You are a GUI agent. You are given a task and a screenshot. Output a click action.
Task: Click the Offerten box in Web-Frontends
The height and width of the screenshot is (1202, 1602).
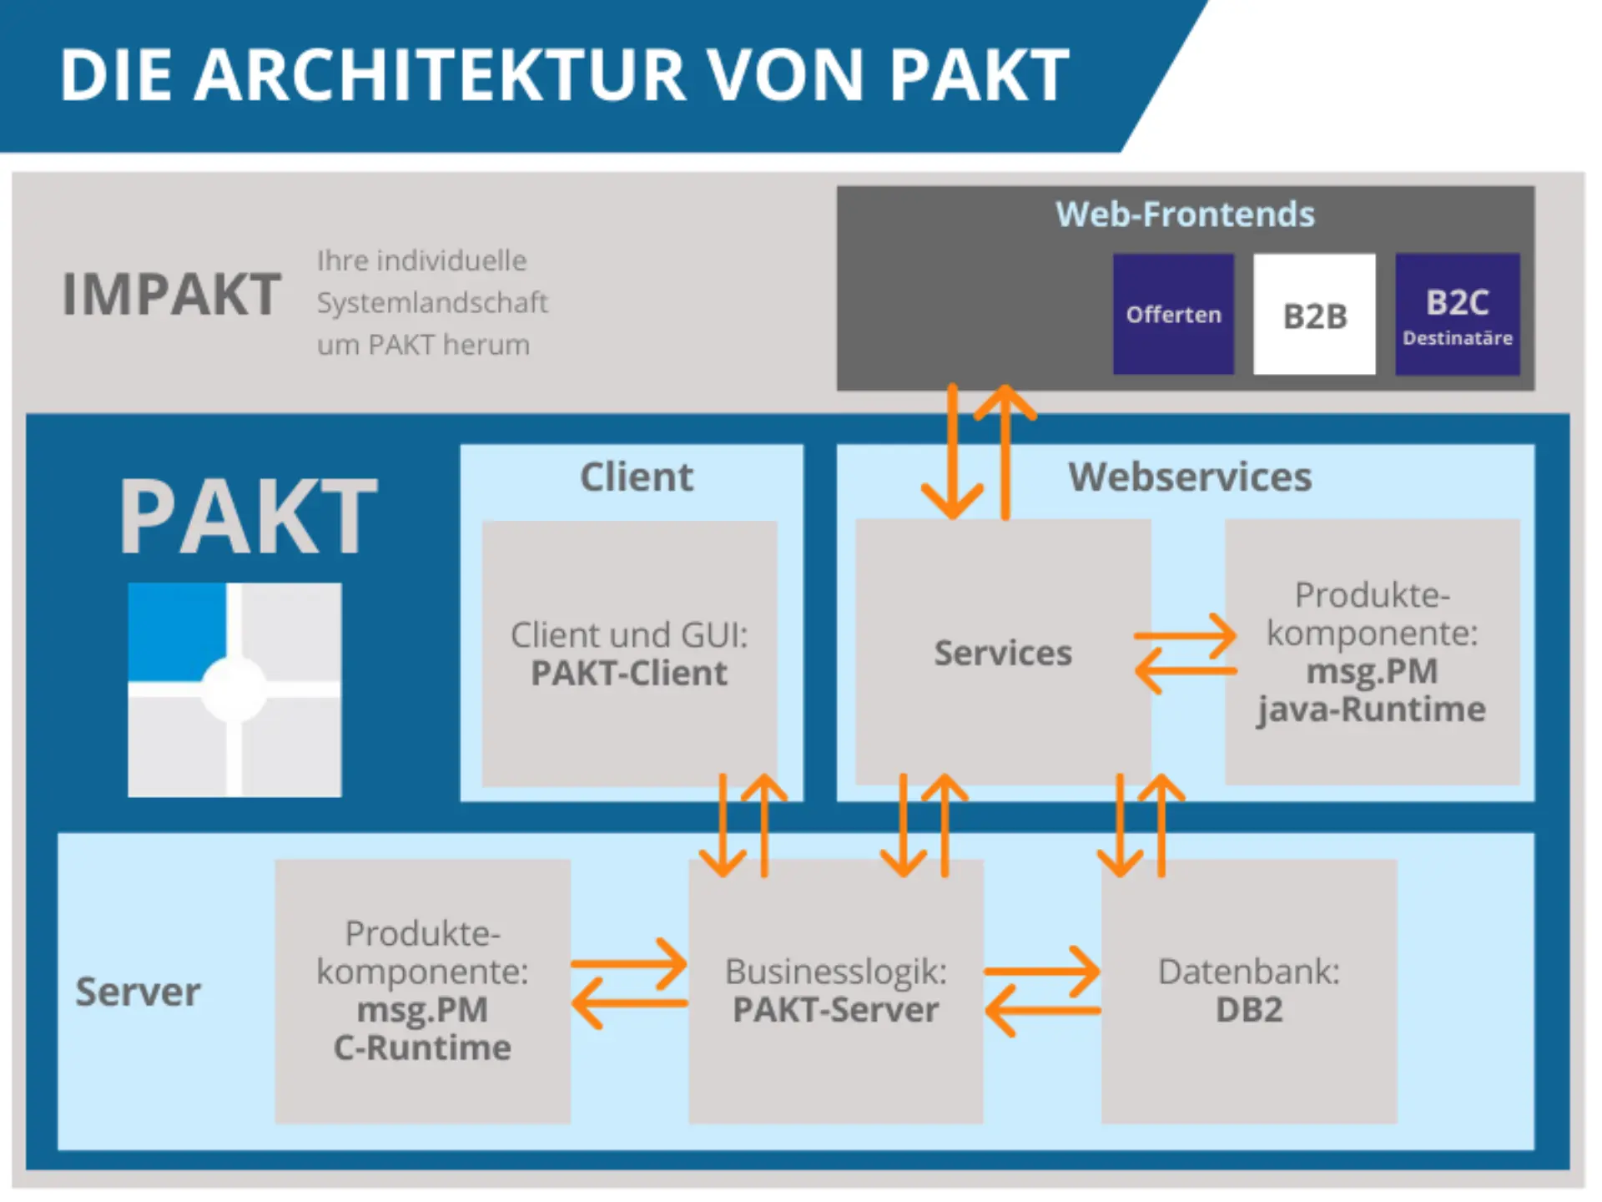1173,315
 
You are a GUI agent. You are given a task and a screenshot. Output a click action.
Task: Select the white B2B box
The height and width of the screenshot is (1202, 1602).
1314,316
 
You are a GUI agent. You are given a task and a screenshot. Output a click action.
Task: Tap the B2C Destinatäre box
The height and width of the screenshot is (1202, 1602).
1457,316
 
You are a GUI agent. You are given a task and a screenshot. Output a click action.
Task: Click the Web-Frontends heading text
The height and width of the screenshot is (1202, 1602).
1185,215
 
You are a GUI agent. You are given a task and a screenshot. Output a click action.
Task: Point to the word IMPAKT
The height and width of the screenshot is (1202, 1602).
172,295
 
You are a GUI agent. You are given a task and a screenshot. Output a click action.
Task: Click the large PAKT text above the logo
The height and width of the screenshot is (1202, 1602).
248,518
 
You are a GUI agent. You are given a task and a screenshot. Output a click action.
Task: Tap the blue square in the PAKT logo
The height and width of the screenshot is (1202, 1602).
176,630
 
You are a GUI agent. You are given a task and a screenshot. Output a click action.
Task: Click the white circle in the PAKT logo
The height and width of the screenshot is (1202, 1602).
234,689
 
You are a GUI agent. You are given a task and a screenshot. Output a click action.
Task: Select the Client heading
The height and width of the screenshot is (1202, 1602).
636,477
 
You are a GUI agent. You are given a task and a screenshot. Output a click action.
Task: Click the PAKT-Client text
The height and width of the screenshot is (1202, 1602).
629,674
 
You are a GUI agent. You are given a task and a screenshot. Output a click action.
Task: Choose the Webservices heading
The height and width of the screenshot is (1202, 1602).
1190,477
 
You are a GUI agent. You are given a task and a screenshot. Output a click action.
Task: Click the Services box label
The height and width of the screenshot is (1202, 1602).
1003,653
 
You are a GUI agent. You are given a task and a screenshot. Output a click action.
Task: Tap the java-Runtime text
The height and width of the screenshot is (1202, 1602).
1372,710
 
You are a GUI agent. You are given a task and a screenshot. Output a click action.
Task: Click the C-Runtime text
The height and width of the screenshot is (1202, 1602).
422,1048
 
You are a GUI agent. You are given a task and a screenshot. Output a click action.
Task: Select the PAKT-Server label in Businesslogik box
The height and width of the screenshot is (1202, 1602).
835,1010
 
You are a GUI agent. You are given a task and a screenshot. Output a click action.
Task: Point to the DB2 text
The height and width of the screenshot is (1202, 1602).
1248,1010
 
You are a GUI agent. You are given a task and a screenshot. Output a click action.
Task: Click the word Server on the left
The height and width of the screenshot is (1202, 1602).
139,992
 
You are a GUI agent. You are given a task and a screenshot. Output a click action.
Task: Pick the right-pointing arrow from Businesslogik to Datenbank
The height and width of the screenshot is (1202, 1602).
1043,972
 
